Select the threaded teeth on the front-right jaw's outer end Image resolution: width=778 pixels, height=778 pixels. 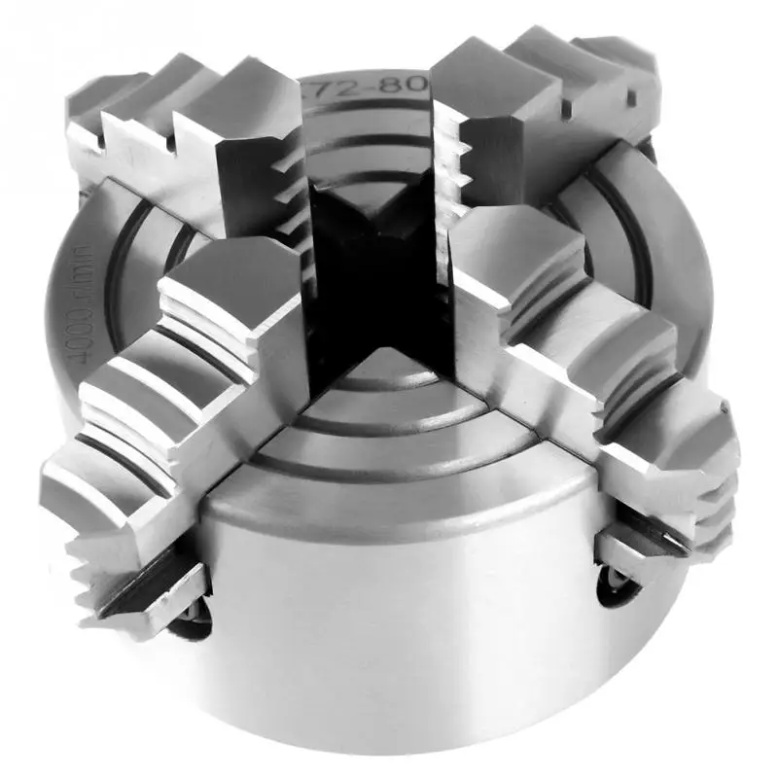click(715, 506)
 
